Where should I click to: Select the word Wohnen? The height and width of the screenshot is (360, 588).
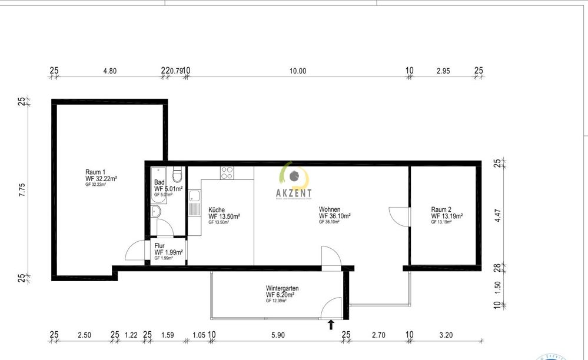(x=330, y=209)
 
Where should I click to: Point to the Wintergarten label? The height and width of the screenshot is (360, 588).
(x=282, y=288)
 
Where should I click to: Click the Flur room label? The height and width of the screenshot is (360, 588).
(x=160, y=246)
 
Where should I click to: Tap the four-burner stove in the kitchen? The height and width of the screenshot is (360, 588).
(x=228, y=173)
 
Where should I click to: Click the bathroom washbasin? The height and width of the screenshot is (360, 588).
(x=157, y=212)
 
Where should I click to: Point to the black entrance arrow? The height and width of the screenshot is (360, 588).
(x=331, y=324)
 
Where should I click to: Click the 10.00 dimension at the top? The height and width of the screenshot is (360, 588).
(x=298, y=71)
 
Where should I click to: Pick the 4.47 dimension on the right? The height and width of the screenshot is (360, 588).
(x=497, y=215)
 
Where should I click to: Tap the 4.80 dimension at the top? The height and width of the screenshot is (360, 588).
(x=109, y=71)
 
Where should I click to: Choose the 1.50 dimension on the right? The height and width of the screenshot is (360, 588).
(x=497, y=286)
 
